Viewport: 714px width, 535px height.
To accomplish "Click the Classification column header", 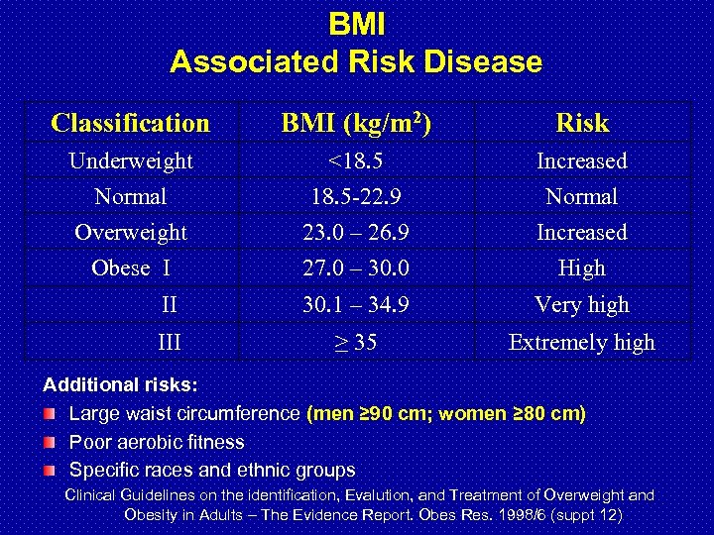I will click(x=130, y=123).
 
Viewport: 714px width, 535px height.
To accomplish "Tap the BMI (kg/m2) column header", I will click(x=356, y=122).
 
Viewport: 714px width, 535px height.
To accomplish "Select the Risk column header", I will click(x=582, y=123).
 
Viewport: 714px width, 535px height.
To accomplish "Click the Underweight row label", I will click(x=130, y=160).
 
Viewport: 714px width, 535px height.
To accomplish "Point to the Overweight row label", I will click(x=130, y=232).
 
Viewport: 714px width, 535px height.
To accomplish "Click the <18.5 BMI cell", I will click(x=356, y=160).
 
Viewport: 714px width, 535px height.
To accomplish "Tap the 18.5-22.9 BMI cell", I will click(x=356, y=196).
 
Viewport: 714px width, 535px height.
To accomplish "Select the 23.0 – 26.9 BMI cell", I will click(x=356, y=232).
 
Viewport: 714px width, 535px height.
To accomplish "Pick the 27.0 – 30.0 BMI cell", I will click(x=356, y=267).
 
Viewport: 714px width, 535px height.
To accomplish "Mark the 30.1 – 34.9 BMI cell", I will click(x=356, y=304).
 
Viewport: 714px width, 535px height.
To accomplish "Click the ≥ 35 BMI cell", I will click(x=356, y=343).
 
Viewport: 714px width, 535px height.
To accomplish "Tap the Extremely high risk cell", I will click(x=582, y=343).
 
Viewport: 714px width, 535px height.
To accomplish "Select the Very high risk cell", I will click(x=582, y=304).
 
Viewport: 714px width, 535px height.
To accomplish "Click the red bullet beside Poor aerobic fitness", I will click(x=51, y=442).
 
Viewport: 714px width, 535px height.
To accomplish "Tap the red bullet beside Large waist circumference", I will click(x=51, y=413).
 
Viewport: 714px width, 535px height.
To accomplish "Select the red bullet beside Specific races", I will click(x=51, y=471).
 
